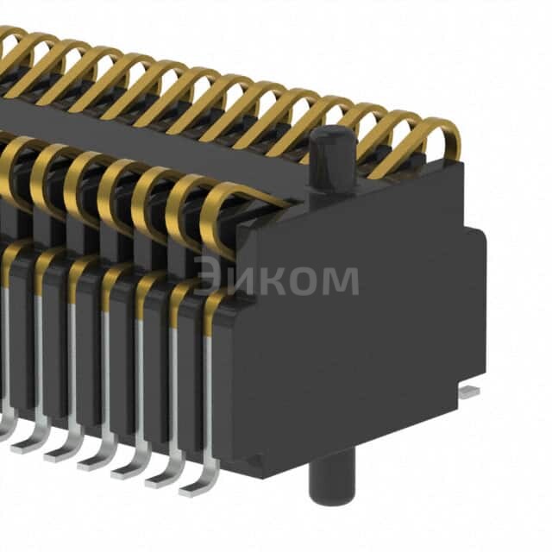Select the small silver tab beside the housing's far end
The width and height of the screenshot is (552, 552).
point(467,392)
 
